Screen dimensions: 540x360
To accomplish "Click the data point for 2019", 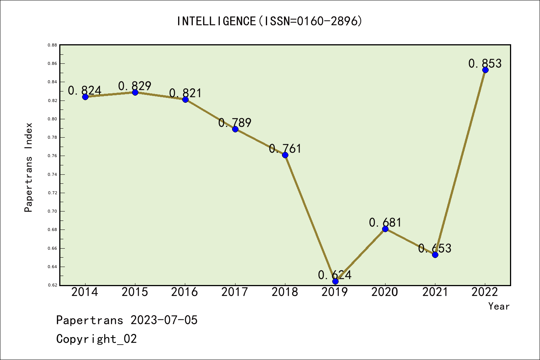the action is tap(335, 281).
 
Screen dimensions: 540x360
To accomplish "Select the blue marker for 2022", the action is tap(486, 70).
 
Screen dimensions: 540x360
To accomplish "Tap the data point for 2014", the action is tap(85, 97).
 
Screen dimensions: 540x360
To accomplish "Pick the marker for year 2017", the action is tap(235, 129).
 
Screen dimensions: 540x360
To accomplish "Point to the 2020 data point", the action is tap(385, 229).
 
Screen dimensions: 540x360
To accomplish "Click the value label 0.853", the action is tap(485, 63).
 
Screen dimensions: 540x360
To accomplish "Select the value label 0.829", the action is tap(135, 86).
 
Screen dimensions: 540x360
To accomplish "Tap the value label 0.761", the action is tap(285, 148).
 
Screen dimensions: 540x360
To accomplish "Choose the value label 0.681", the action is tap(385, 222).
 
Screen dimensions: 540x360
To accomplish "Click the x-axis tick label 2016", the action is tap(184, 292).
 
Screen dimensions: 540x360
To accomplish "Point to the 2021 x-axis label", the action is tap(435, 292).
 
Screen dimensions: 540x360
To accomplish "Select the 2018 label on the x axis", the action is tap(285, 292).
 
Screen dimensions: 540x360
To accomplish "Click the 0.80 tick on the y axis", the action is tap(52, 119).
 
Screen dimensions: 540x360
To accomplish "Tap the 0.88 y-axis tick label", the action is tap(52, 45).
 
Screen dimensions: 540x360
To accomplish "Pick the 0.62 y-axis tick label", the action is tap(52, 285).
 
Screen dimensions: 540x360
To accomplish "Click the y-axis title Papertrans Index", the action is tap(28, 167).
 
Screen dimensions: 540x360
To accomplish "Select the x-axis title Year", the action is tap(499, 306).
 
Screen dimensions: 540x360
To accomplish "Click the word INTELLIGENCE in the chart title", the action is tap(216, 21).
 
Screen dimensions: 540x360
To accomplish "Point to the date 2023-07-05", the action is tap(164, 320).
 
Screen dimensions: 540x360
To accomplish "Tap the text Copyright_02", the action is tap(96, 339).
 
